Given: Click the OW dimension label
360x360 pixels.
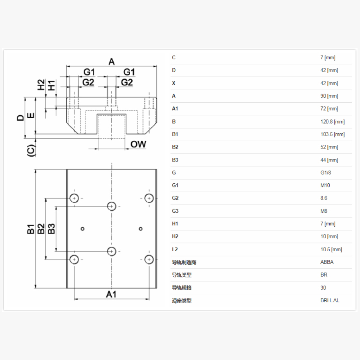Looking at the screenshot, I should coord(138,144).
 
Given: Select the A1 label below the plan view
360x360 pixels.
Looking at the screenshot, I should coord(111,294).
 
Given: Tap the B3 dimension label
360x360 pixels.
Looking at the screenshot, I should coord(51,228).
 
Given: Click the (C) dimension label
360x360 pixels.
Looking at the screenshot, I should coord(31,150).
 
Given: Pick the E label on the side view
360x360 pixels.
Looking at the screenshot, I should coord(31,115).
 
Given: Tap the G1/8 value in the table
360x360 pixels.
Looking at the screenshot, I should coord(326,173).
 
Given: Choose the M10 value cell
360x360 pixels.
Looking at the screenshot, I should coord(325,185).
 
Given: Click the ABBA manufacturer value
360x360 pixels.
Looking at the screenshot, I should coord(327,262).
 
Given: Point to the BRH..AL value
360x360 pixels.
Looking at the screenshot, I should coord(330,301).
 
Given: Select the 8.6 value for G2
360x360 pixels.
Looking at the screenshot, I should coord(324,198).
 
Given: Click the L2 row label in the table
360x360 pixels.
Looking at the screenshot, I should coord(175,249).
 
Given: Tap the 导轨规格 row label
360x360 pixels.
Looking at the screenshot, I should coord(181,288).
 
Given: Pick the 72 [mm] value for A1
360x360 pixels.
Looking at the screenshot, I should coord(329,109).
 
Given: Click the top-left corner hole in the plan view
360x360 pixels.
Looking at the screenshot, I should coord(74,198).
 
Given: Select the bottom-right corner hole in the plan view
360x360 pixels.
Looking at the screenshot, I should coord(149,259).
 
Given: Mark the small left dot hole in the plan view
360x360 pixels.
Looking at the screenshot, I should coord(82,229).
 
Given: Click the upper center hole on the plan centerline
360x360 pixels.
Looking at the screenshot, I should coord(112,206).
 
